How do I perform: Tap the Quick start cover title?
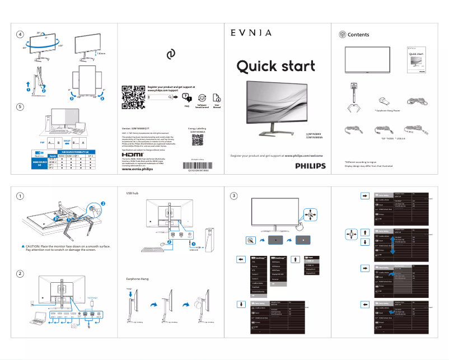[x=275, y=67]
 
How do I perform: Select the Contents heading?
[x=358, y=35]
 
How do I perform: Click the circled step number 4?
[x=20, y=34]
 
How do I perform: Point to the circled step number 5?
[x=20, y=106]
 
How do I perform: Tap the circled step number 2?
[x=20, y=273]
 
